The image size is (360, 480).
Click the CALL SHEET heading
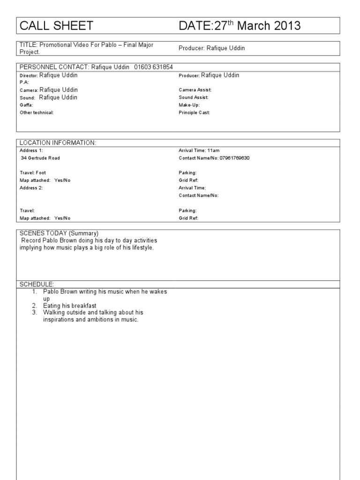56,26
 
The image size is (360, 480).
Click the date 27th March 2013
252,26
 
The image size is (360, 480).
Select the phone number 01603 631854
154,67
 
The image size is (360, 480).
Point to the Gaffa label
26,105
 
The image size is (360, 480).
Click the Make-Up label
189,105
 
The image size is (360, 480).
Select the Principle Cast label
195,112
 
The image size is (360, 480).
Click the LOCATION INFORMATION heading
58,142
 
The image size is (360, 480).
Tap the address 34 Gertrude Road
44,158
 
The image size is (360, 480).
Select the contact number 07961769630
234,158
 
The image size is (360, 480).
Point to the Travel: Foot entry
33,173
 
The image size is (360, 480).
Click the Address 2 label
31,187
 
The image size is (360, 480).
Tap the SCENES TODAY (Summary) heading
59,233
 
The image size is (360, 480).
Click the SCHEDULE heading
37,284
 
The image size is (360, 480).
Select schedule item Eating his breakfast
69,306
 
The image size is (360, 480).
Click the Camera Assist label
195,90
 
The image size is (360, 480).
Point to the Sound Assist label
194,97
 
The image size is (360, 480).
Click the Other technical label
37,112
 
